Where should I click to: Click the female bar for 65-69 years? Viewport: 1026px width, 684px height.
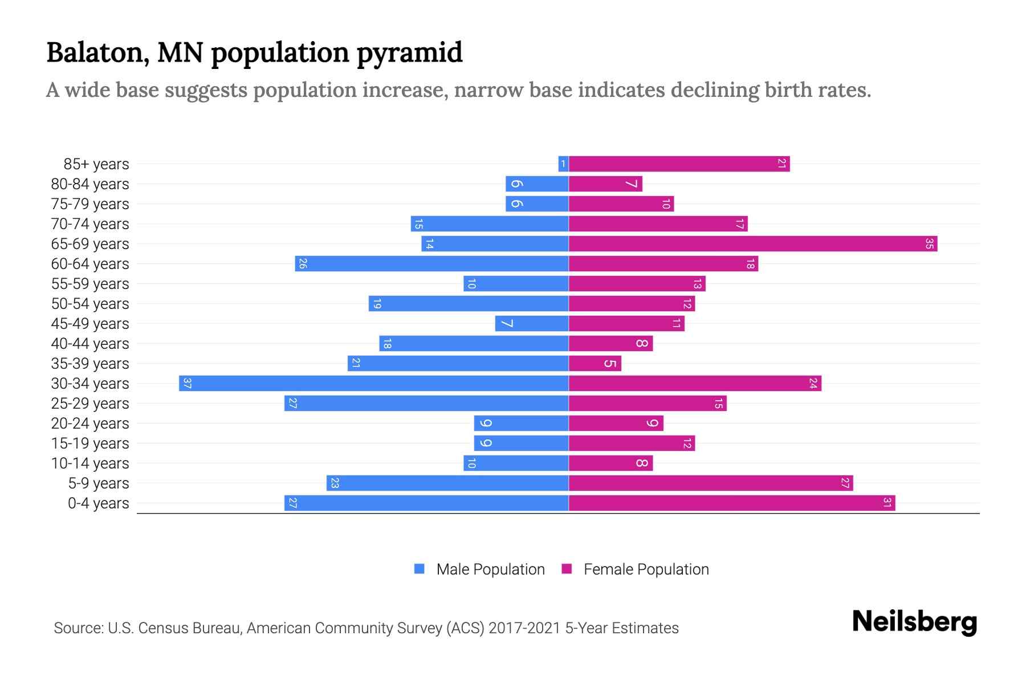point(752,244)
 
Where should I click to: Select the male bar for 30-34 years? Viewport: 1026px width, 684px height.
point(373,384)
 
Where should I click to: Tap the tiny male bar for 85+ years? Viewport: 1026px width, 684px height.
point(563,164)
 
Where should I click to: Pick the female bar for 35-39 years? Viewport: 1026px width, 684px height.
point(595,364)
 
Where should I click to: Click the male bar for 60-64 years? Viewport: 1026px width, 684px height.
point(431,264)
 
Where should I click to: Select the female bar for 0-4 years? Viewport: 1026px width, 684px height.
point(731,503)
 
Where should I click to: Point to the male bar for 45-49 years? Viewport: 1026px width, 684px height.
point(531,324)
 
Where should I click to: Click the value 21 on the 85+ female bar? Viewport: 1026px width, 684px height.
point(782,164)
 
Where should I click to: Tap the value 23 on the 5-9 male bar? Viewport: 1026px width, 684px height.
point(335,483)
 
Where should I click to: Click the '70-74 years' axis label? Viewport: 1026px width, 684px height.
point(90,224)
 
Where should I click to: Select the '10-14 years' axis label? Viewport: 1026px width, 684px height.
point(90,463)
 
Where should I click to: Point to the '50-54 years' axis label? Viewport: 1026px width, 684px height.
point(90,304)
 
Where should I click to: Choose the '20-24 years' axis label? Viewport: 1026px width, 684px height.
point(90,424)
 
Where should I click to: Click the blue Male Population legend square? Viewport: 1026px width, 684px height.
point(420,569)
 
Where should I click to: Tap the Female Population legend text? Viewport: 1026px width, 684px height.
point(646,569)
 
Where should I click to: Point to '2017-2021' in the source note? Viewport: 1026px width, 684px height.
point(524,628)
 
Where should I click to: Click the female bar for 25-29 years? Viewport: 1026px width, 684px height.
point(647,404)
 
